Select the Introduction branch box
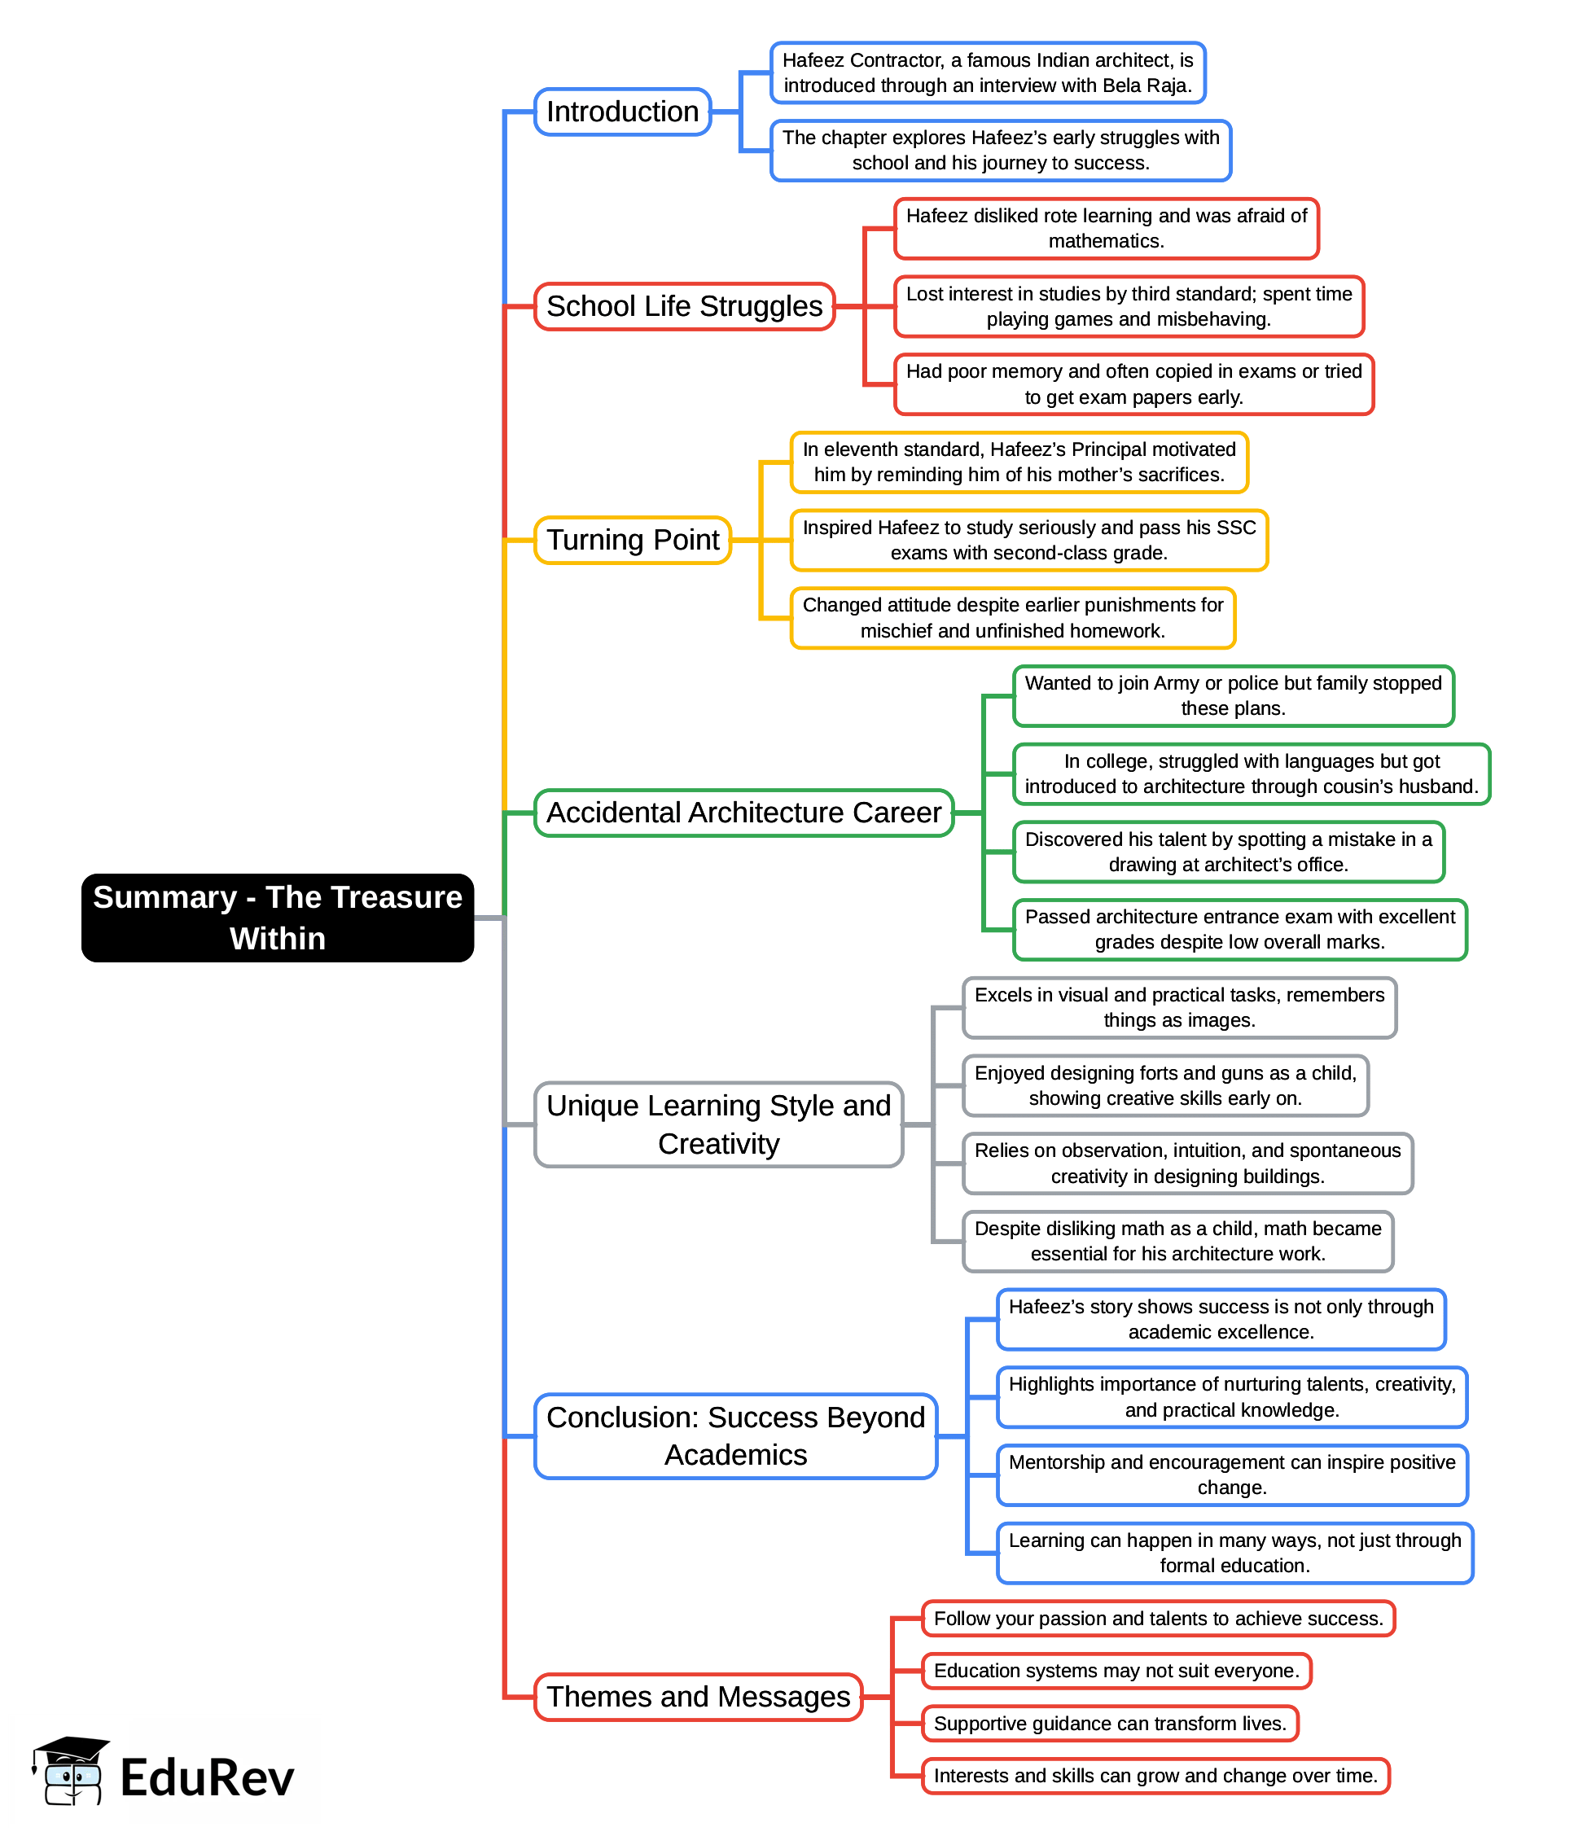(622, 112)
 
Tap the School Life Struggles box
(684, 307)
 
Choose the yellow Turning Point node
(633, 540)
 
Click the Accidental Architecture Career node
(743, 813)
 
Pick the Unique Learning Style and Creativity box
(718, 1124)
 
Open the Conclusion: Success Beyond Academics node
(735, 1435)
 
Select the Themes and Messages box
(699, 1696)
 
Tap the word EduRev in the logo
(207, 1777)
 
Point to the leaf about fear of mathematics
(1106, 229)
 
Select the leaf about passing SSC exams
(1029, 540)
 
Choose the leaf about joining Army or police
(1233, 695)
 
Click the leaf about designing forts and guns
(1165, 1085)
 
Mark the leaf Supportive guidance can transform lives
(1110, 1723)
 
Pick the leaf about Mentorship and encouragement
(1232, 1474)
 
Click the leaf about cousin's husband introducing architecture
(1252, 773)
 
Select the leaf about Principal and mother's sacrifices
(1019, 462)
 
